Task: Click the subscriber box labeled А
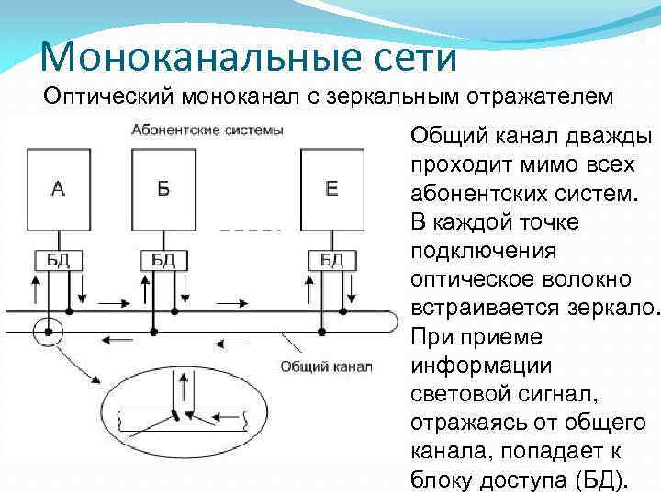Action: click(x=58, y=190)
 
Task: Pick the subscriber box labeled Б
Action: click(x=164, y=190)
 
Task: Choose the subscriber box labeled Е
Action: click(x=332, y=190)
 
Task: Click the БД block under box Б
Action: click(x=163, y=260)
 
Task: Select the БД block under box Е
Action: click(x=331, y=260)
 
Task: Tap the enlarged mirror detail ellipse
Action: click(x=176, y=423)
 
